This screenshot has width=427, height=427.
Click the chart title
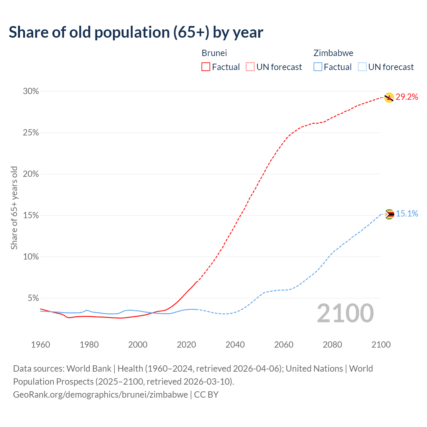click(136, 32)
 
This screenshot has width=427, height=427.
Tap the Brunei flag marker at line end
click(389, 97)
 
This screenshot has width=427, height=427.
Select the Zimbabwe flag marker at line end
click(389, 214)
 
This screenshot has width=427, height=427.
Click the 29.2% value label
click(407, 97)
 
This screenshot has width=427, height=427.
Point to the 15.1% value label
click(407, 214)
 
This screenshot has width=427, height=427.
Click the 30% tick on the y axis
click(31, 91)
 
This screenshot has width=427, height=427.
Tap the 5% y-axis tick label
click(33, 298)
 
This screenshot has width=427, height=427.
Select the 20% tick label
click(31, 174)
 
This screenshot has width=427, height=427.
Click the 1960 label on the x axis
click(40, 345)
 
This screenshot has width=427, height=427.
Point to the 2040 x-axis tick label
click(235, 345)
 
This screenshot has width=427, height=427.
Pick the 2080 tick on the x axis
click(332, 345)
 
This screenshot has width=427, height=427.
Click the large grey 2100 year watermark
click(345, 313)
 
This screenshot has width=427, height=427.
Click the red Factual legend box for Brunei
click(206, 67)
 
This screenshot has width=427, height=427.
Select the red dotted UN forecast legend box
click(250, 67)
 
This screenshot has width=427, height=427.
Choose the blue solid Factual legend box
click(318, 67)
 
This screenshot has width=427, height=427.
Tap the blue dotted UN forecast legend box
click(362, 67)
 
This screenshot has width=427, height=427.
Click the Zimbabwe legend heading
click(333, 53)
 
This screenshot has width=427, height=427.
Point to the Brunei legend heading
click(214, 53)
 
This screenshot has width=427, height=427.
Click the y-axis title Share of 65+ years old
click(14, 207)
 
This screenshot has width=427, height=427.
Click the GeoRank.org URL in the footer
click(100, 395)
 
